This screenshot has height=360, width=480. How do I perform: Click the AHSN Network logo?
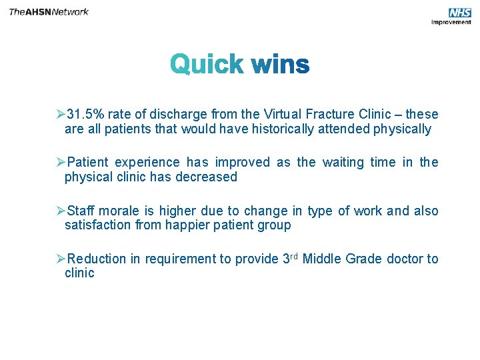pos(49,12)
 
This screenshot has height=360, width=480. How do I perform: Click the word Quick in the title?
pos(207,65)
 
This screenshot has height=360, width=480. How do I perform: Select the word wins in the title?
pos(280,65)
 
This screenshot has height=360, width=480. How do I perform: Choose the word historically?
pos(283,129)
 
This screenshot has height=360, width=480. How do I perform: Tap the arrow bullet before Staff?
pos(61,211)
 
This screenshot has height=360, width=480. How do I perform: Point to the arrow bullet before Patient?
pos(61,162)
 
